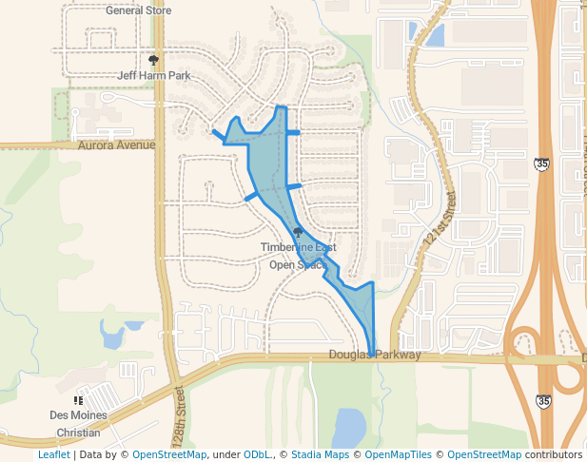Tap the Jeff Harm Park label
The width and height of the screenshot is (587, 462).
(154, 74)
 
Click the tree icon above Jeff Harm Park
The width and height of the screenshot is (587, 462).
(154, 60)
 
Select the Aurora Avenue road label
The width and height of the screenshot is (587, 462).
(116, 145)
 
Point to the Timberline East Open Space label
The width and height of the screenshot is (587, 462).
(298, 256)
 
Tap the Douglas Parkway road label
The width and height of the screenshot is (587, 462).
(375, 356)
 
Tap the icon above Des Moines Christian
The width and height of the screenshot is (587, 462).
(78, 401)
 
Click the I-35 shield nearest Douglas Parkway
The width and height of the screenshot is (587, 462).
(542, 402)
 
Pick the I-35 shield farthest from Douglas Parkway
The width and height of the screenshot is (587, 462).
(541, 164)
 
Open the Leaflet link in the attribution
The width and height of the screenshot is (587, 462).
(53, 454)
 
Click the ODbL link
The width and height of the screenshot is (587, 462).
(257, 454)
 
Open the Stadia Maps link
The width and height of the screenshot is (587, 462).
(320, 454)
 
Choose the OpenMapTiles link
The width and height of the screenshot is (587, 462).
(399, 454)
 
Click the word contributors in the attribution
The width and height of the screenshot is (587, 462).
(553, 454)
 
